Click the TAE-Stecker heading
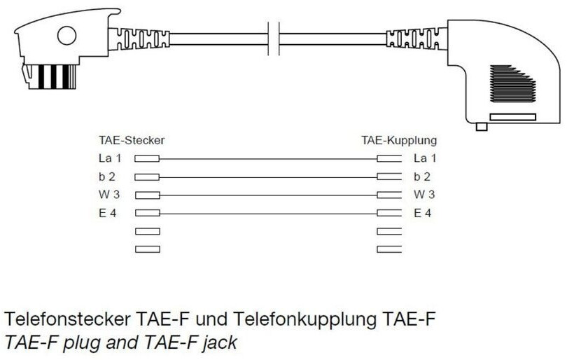coord(132,140)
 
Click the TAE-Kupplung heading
coord(399,140)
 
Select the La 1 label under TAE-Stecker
coord(110,158)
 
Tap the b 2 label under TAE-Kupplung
coord(422,176)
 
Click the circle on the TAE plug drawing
coord(66,36)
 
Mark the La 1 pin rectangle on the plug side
coord(147,159)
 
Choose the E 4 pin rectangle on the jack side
coord(389,213)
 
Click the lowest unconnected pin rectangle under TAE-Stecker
coord(147,249)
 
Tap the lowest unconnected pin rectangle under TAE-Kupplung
coord(389,249)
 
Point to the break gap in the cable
coord(274,37)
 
